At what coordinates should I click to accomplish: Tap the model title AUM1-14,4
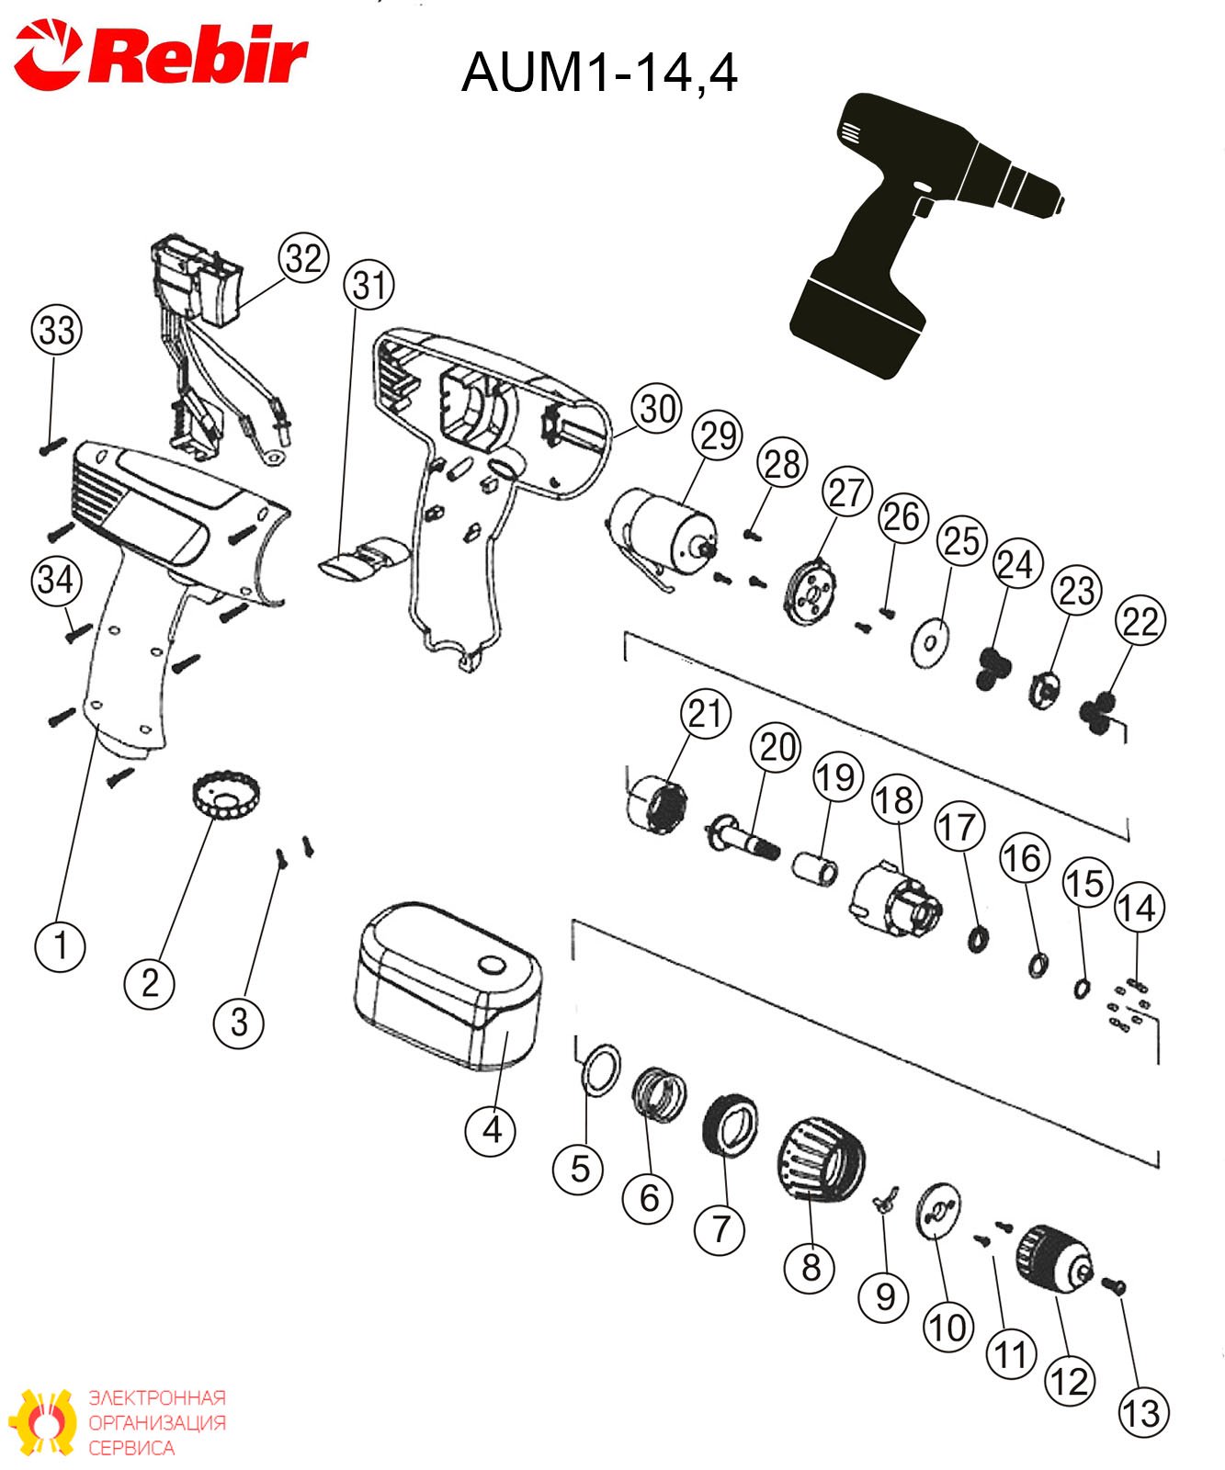599,72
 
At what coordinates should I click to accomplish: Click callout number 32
304,258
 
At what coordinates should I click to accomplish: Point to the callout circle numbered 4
492,1129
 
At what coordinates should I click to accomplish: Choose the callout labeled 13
1143,1412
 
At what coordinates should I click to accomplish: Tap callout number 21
706,714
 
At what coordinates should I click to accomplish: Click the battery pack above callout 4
448,986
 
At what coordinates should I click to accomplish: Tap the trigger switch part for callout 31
363,559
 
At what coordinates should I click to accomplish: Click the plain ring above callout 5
601,1069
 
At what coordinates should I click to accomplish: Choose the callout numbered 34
57,580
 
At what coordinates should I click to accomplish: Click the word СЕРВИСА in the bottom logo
131,1448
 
